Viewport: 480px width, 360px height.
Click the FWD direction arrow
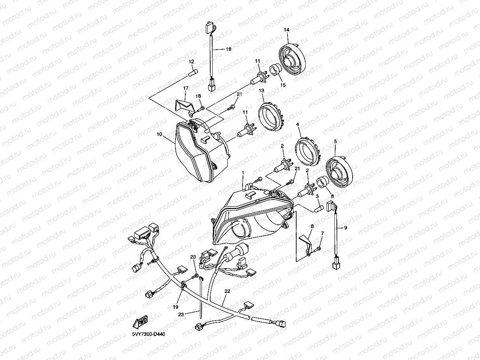coord(140,321)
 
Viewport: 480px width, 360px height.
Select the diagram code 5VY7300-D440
coord(148,334)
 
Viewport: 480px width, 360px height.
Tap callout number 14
coord(286,30)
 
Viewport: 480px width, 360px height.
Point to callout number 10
coord(159,134)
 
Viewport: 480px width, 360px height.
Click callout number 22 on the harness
coord(227,291)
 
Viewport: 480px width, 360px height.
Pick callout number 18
coord(228,49)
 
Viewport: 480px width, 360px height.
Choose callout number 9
coord(346,228)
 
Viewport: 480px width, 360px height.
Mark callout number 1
coord(243,173)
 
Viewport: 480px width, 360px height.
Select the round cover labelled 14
coord(292,58)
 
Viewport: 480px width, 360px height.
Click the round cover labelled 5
coord(339,172)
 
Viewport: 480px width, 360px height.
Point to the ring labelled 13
coord(271,116)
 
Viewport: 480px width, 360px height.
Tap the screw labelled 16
coord(202,108)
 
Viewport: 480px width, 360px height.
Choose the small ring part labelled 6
coord(322,183)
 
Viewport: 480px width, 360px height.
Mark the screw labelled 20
coord(194,276)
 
